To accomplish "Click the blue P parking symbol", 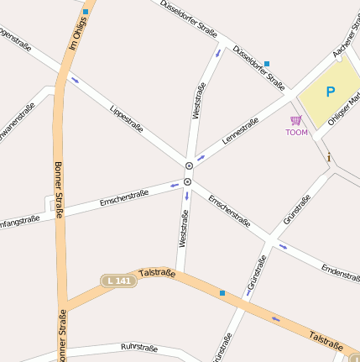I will point(330,92).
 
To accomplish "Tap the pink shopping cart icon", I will point(295,120).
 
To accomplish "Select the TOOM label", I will point(296,133).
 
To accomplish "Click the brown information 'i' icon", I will point(329,157).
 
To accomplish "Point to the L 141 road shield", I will point(118,281).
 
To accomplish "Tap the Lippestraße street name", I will point(126,117).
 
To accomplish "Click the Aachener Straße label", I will point(345,42).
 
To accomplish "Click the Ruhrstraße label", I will point(139,346).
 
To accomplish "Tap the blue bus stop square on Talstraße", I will point(222,292).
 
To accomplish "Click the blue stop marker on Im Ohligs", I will point(86,13).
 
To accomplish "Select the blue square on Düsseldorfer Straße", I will point(267,64).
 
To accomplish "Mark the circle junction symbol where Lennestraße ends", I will point(189,165).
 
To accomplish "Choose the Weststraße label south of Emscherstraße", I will point(182,228).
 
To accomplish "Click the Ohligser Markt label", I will point(344,110).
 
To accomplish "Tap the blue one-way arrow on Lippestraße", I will point(75,81).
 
